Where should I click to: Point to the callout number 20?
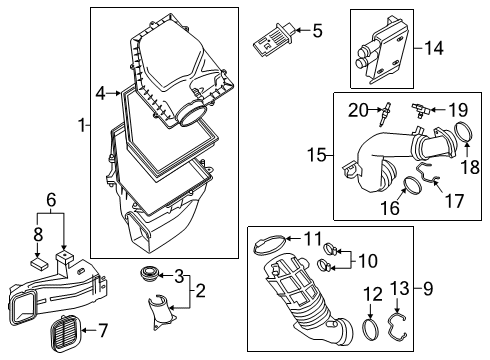click(x=358, y=109)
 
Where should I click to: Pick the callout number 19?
click(x=458, y=109)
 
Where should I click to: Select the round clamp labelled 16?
click(x=410, y=185)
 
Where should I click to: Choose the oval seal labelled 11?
click(x=268, y=240)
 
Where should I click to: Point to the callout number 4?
click(x=101, y=94)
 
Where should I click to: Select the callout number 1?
click(x=82, y=127)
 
